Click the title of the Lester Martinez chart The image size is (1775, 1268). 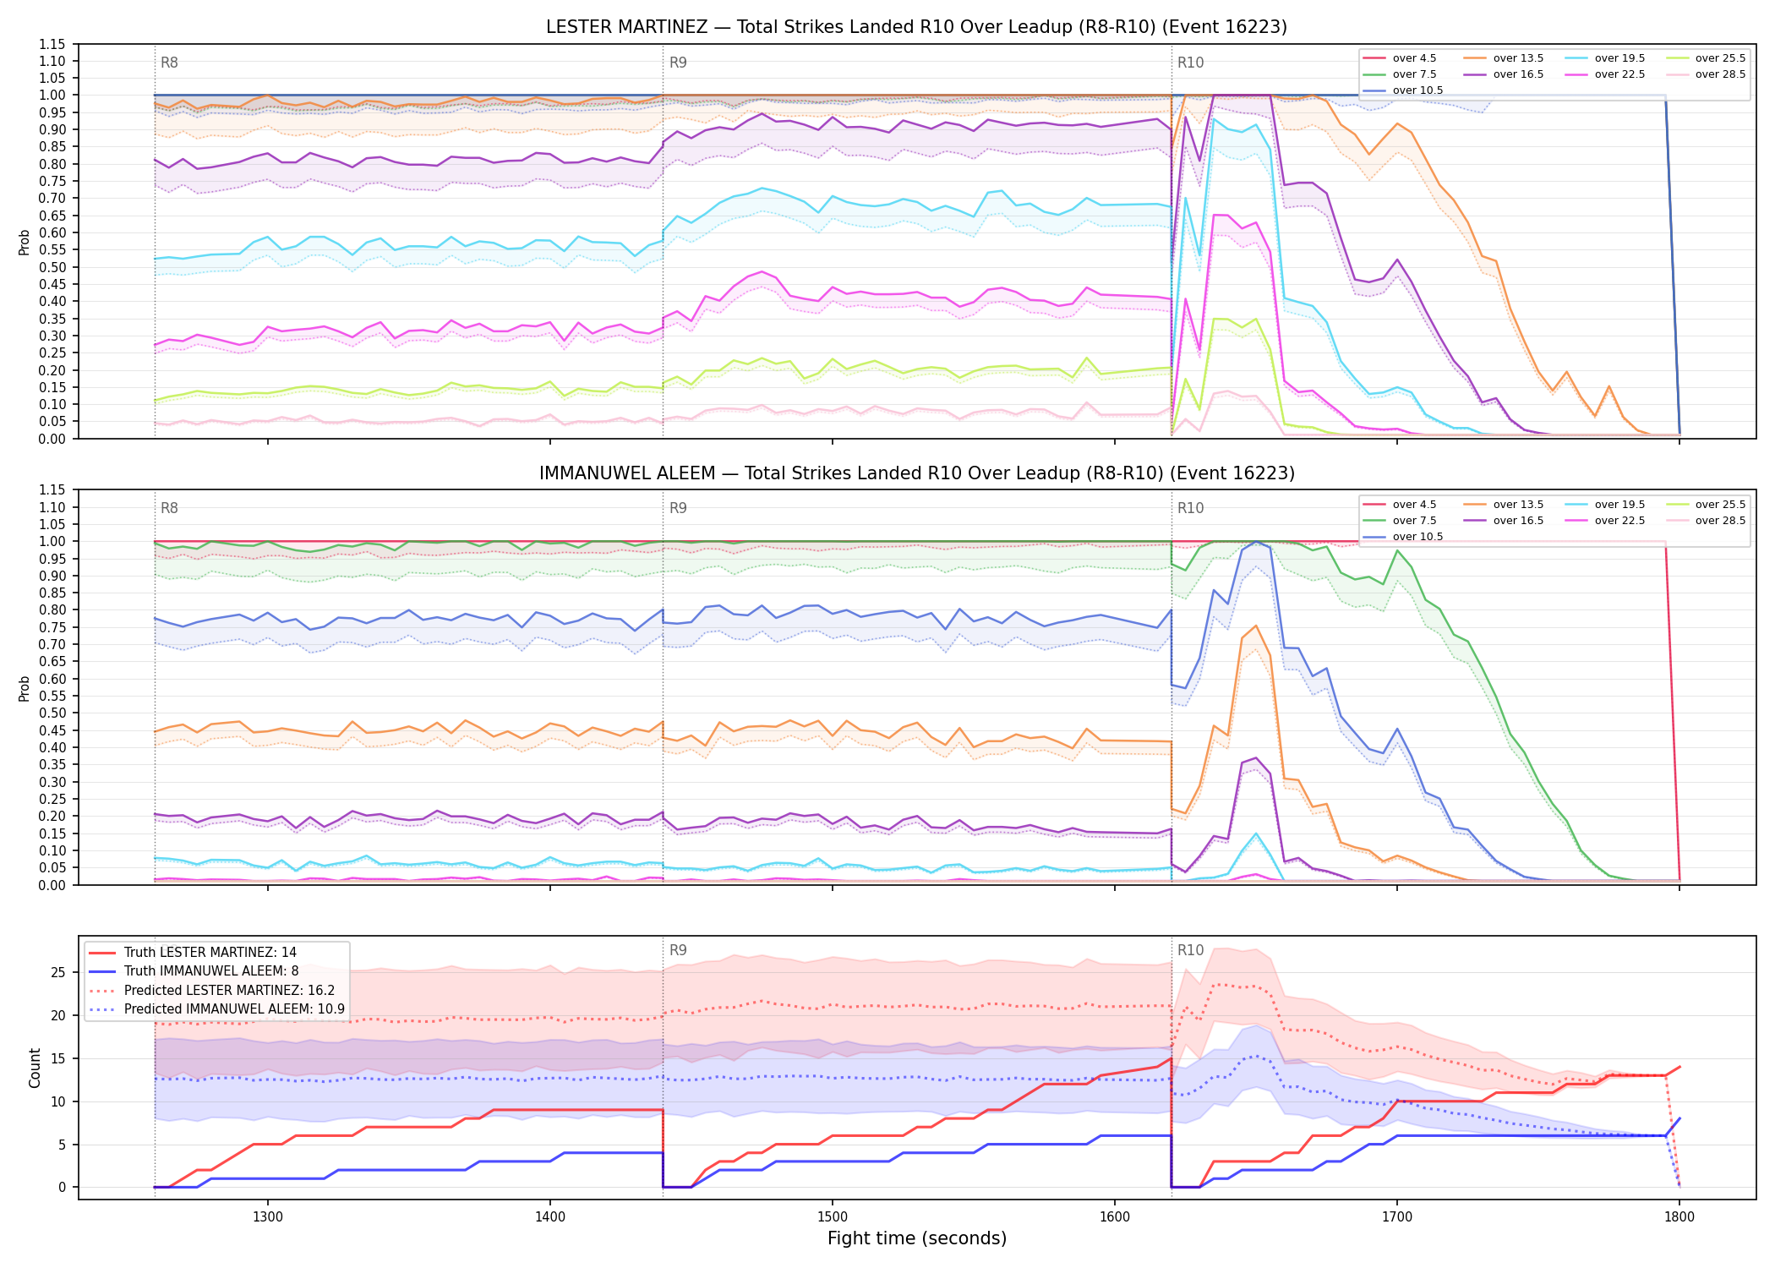(x=916, y=27)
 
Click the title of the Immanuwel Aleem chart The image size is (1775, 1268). (x=916, y=473)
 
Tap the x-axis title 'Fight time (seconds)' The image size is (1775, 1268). (x=917, y=1239)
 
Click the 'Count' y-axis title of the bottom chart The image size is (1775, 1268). (x=35, y=1068)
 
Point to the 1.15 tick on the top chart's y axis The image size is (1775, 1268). (x=52, y=44)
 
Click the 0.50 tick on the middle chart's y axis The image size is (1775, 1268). (x=52, y=713)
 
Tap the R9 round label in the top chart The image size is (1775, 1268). (x=678, y=63)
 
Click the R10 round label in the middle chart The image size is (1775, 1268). (x=1191, y=508)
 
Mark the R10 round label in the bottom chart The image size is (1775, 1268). (x=1191, y=950)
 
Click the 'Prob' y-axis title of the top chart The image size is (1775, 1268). (x=25, y=243)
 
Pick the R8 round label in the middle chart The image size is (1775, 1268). (x=169, y=508)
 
